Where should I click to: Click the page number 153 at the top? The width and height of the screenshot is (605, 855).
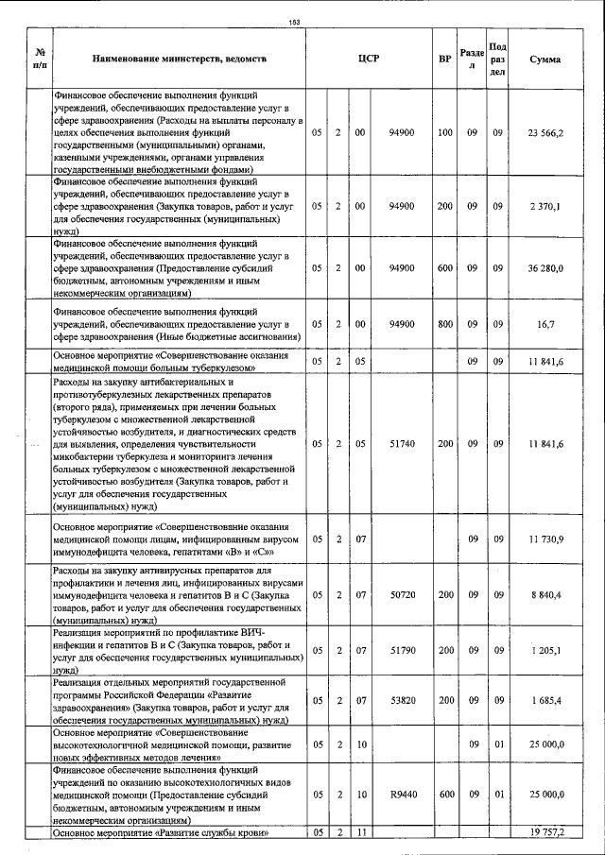(294, 22)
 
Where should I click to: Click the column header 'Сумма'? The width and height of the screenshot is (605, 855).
(545, 59)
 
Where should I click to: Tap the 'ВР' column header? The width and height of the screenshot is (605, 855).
(444, 59)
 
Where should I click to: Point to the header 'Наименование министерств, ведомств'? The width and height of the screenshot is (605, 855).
(179, 59)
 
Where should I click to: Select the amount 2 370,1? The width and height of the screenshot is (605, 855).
(546, 205)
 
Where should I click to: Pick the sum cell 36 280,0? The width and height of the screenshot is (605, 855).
(546, 268)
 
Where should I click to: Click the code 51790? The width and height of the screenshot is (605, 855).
(402, 650)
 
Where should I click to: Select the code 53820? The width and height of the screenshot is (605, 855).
(402, 700)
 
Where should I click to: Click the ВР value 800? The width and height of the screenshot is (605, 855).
(445, 323)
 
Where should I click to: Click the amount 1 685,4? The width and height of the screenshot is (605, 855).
(546, 700)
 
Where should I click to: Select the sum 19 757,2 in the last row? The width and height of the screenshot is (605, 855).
(546, 832)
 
